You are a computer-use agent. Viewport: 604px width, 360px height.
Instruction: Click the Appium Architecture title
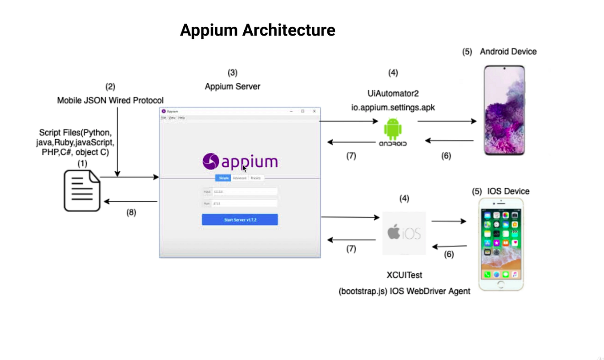258,30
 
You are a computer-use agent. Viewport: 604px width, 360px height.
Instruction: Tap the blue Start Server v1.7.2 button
240,220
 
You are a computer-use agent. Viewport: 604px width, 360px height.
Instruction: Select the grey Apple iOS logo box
404,233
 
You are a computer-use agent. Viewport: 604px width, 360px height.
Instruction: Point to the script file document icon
82,191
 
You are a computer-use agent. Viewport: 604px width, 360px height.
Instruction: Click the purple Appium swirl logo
210,162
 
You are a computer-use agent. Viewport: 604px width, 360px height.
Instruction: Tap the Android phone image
504,110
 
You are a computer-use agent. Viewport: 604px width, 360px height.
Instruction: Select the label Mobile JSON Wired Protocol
110,101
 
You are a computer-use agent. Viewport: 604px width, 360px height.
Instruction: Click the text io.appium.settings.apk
392,107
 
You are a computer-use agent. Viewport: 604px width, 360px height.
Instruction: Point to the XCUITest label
404,275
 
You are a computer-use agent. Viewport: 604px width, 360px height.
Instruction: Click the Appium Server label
232,86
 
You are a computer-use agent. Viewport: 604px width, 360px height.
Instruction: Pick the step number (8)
131,212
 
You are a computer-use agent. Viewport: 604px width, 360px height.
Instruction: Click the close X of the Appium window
314,111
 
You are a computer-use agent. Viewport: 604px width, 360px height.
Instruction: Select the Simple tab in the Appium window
223,178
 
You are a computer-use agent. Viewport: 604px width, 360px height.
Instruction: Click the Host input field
245,192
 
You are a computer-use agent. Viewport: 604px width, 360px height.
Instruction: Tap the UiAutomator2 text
393,93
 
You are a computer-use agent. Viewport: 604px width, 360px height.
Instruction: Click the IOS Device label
508,191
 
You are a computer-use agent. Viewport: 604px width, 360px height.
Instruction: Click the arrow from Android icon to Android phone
447,121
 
